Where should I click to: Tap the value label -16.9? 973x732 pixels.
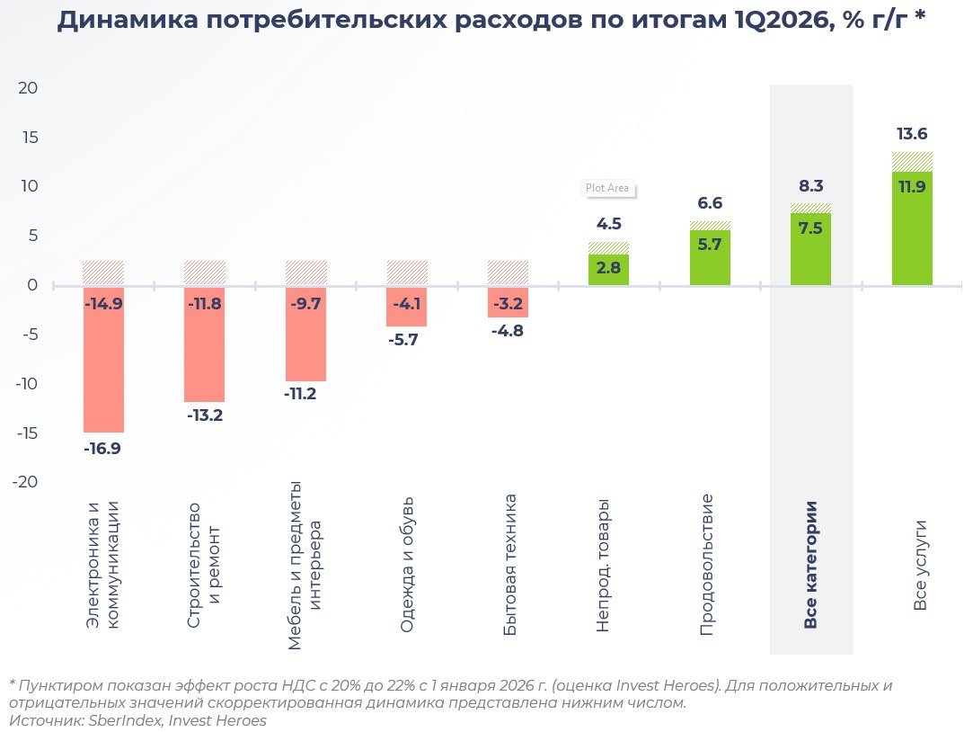(x=102, y=449)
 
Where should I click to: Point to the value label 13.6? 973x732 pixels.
(x=912, y=134)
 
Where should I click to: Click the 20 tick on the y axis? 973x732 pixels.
(x=27, y=88)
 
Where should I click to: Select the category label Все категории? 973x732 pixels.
(x=810, y=565)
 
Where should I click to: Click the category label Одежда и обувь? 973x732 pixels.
(x=407, y=564)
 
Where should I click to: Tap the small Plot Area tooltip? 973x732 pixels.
(x=607, y=189)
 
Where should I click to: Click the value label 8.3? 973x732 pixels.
(x=810, y=186)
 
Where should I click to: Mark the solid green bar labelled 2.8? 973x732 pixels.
(x=608, y=270)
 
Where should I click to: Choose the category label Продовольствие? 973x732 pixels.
(x=707, y=565)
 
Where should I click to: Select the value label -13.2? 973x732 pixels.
(x=204, y=415)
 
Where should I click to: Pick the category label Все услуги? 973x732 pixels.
(x=920, y=565)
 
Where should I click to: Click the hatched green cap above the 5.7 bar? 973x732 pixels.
(x=710, y=225)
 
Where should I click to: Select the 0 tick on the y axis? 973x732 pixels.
(x=32, y=285)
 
